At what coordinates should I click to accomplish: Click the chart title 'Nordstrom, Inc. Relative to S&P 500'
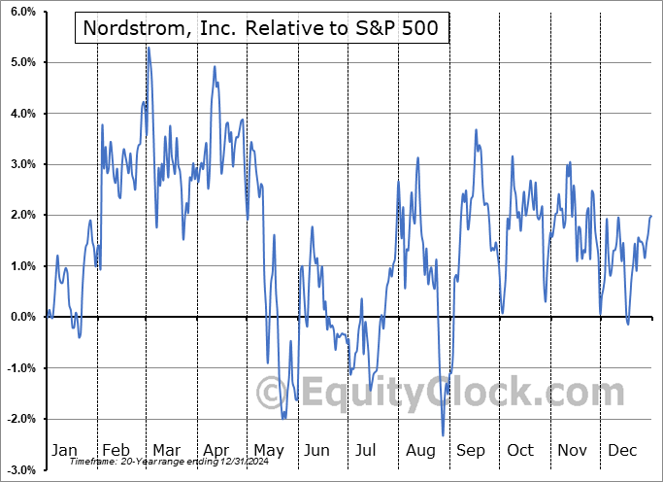(261, 29)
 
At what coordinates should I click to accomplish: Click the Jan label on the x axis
(64, 450)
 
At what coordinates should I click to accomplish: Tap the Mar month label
(167, 450)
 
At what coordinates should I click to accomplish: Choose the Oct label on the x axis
(520, 450)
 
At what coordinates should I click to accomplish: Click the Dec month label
(621, 450)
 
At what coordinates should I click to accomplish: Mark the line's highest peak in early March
(149, 47)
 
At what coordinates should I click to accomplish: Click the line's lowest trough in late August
(443, 435)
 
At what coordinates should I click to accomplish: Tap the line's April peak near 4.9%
(215, 66)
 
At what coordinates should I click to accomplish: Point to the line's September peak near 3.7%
(477, 129)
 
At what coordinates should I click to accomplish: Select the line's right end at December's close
(650, 216)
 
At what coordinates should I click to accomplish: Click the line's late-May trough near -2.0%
(283, 418)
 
